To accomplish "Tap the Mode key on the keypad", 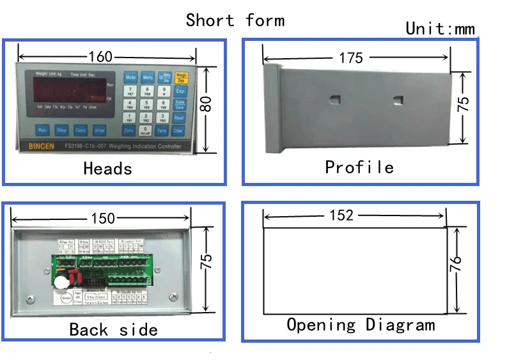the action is (130, 77).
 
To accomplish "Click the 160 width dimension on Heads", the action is (100, 56).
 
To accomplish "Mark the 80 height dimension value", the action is (206, 104).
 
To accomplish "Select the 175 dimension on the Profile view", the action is (351, 58).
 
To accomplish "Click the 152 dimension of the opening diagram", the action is (341, 215).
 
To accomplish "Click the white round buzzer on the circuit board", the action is (61, 282).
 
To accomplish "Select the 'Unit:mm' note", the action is (441, 29).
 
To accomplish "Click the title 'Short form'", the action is (235, 20).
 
